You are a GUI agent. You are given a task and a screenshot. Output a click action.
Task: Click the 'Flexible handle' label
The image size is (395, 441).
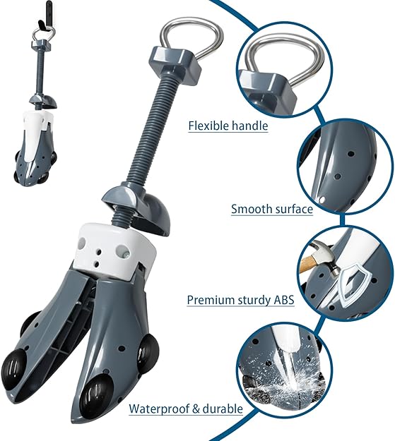click(x=228, y=126)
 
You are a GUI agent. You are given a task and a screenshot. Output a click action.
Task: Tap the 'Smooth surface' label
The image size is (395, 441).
click(x=272, y=210)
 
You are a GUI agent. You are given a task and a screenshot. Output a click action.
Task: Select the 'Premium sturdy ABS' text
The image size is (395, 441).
click(x=240, y=300)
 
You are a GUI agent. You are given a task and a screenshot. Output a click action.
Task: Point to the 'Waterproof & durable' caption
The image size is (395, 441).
click(x=186, y=409)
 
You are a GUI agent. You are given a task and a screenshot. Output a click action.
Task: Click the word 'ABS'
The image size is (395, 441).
click(x=281, y=300)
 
